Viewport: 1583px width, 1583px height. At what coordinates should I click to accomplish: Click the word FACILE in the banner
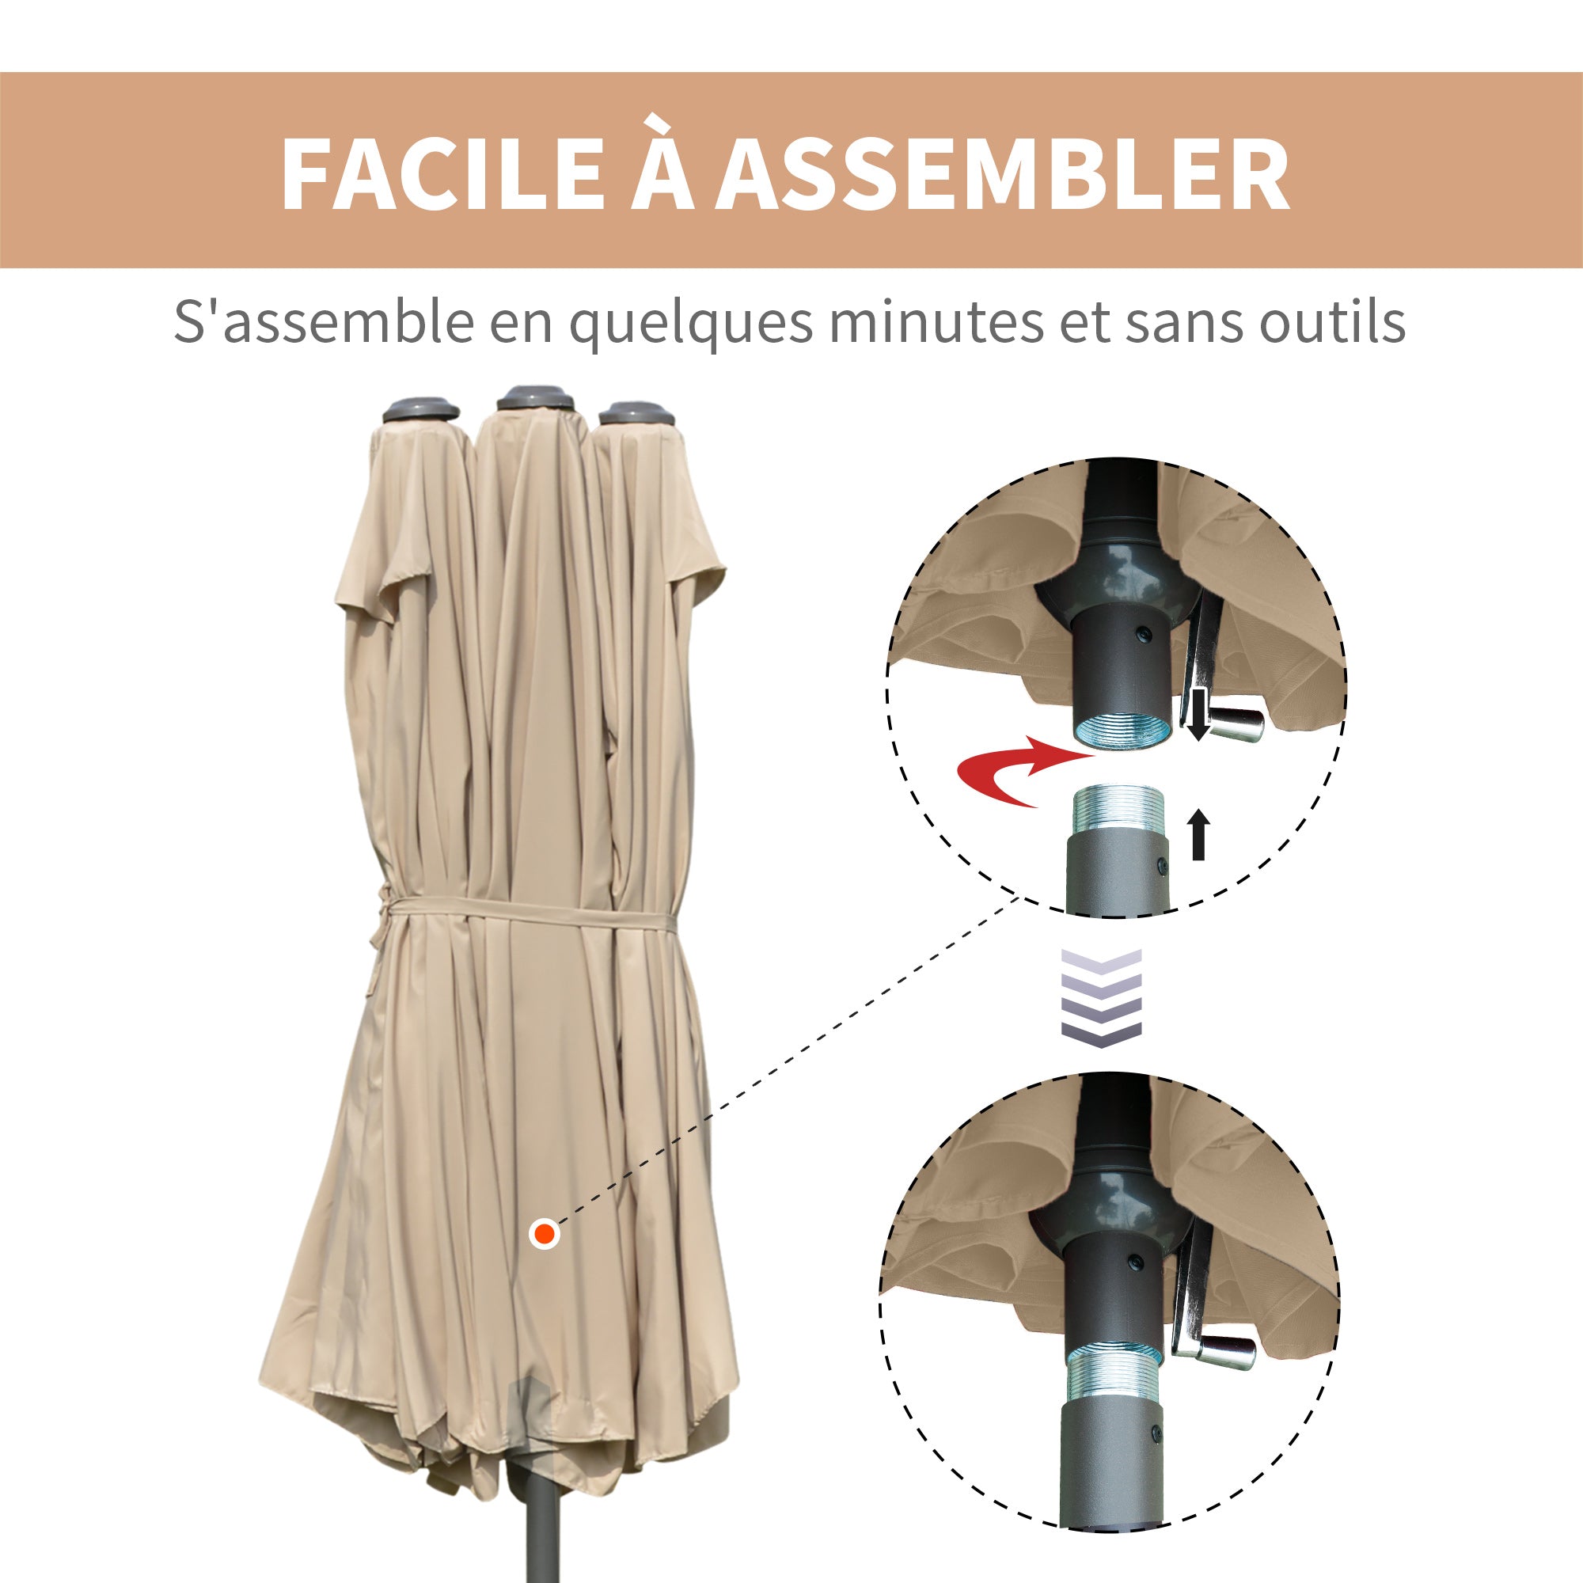(x=442, y=174)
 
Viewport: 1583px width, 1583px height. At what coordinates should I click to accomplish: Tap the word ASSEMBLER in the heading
(x=1003, y=174)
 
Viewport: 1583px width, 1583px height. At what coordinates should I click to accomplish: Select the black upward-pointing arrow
(x=1198, y=833)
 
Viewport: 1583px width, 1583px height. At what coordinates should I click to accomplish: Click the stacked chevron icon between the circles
(x=1101, y=997)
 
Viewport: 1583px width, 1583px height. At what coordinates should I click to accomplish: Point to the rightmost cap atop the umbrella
(x=636, y=412)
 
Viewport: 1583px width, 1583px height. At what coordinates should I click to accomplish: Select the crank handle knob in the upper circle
(x=1235, y=723)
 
